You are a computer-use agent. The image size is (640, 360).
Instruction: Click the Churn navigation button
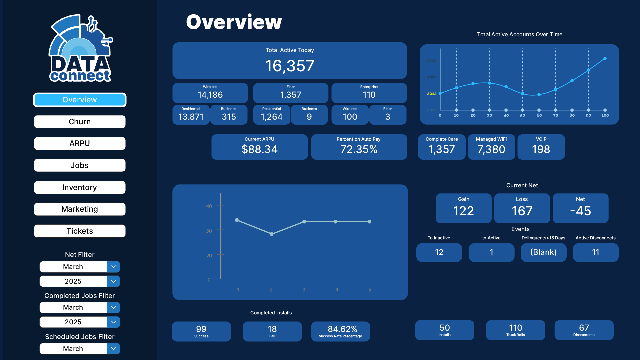coord(80,122)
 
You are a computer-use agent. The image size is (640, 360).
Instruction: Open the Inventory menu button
coord(80,187)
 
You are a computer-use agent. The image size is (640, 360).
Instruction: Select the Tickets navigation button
coord(80,231)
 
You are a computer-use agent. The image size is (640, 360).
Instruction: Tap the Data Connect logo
coord(80,49)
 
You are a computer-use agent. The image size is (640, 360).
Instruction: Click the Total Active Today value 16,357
coord(289,66)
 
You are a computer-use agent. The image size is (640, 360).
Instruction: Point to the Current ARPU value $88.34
coord(259,149)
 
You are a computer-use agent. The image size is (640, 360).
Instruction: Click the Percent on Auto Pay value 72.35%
coord(359,149)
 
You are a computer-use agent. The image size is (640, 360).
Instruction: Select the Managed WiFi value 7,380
coord(491,149)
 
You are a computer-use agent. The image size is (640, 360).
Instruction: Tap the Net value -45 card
coord(580,208)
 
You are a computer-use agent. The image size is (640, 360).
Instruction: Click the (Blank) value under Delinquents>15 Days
coord(543,252)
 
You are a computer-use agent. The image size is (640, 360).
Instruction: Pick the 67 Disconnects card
coord(584,330)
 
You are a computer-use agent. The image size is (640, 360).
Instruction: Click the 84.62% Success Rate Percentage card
coord(340,331)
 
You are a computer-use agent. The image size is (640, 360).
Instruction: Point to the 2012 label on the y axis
coord(432,94)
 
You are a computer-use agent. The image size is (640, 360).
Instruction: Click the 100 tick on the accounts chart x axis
coord(605,115)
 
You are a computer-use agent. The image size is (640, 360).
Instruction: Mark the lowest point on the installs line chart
coord(271,234)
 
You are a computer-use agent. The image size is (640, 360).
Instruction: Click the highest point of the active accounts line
coord(605,58)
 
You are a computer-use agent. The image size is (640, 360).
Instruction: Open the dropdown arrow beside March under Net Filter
coord(113,267)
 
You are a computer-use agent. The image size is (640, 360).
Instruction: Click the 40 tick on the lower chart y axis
coord(209,206)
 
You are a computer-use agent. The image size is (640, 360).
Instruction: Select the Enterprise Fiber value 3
coord(387,117)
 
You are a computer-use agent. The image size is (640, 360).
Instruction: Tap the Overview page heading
coord(234,22)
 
